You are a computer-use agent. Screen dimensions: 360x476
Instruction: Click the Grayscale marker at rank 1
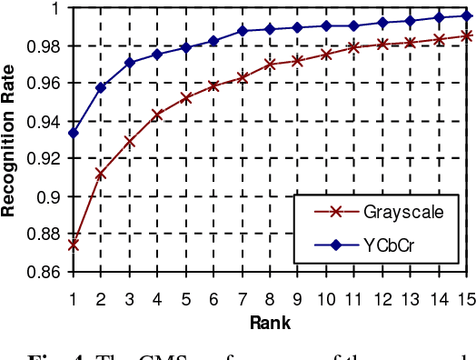click(73, 245)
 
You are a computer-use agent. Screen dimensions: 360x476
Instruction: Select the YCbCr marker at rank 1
click(73, 133)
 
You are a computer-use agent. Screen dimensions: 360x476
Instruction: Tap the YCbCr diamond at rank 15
click(468, 15)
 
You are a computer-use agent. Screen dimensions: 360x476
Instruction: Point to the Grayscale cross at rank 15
click(468, 35)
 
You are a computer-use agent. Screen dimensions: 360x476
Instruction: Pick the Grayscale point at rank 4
click(157, 115)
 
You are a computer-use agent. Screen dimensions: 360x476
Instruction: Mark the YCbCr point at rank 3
click(129, 62)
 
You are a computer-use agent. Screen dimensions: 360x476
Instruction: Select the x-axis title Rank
click(271, 322)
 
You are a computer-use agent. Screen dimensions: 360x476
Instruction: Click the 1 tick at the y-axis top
click(56, 8)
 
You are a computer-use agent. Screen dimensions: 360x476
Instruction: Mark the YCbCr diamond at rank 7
click(242, 31)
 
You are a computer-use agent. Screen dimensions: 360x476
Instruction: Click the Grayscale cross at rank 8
click(270, 64)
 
